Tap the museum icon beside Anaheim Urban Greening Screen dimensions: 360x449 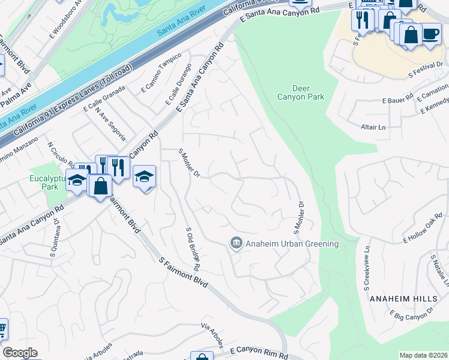pos(236,243)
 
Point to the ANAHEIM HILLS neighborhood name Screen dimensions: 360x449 pos(401,298)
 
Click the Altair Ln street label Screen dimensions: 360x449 pos(373,127)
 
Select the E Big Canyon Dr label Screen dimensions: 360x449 pos(411,314)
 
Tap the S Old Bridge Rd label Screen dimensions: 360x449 pos(192,247)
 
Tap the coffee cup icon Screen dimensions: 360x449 pos(430,33)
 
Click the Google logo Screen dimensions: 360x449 pos(20,353)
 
